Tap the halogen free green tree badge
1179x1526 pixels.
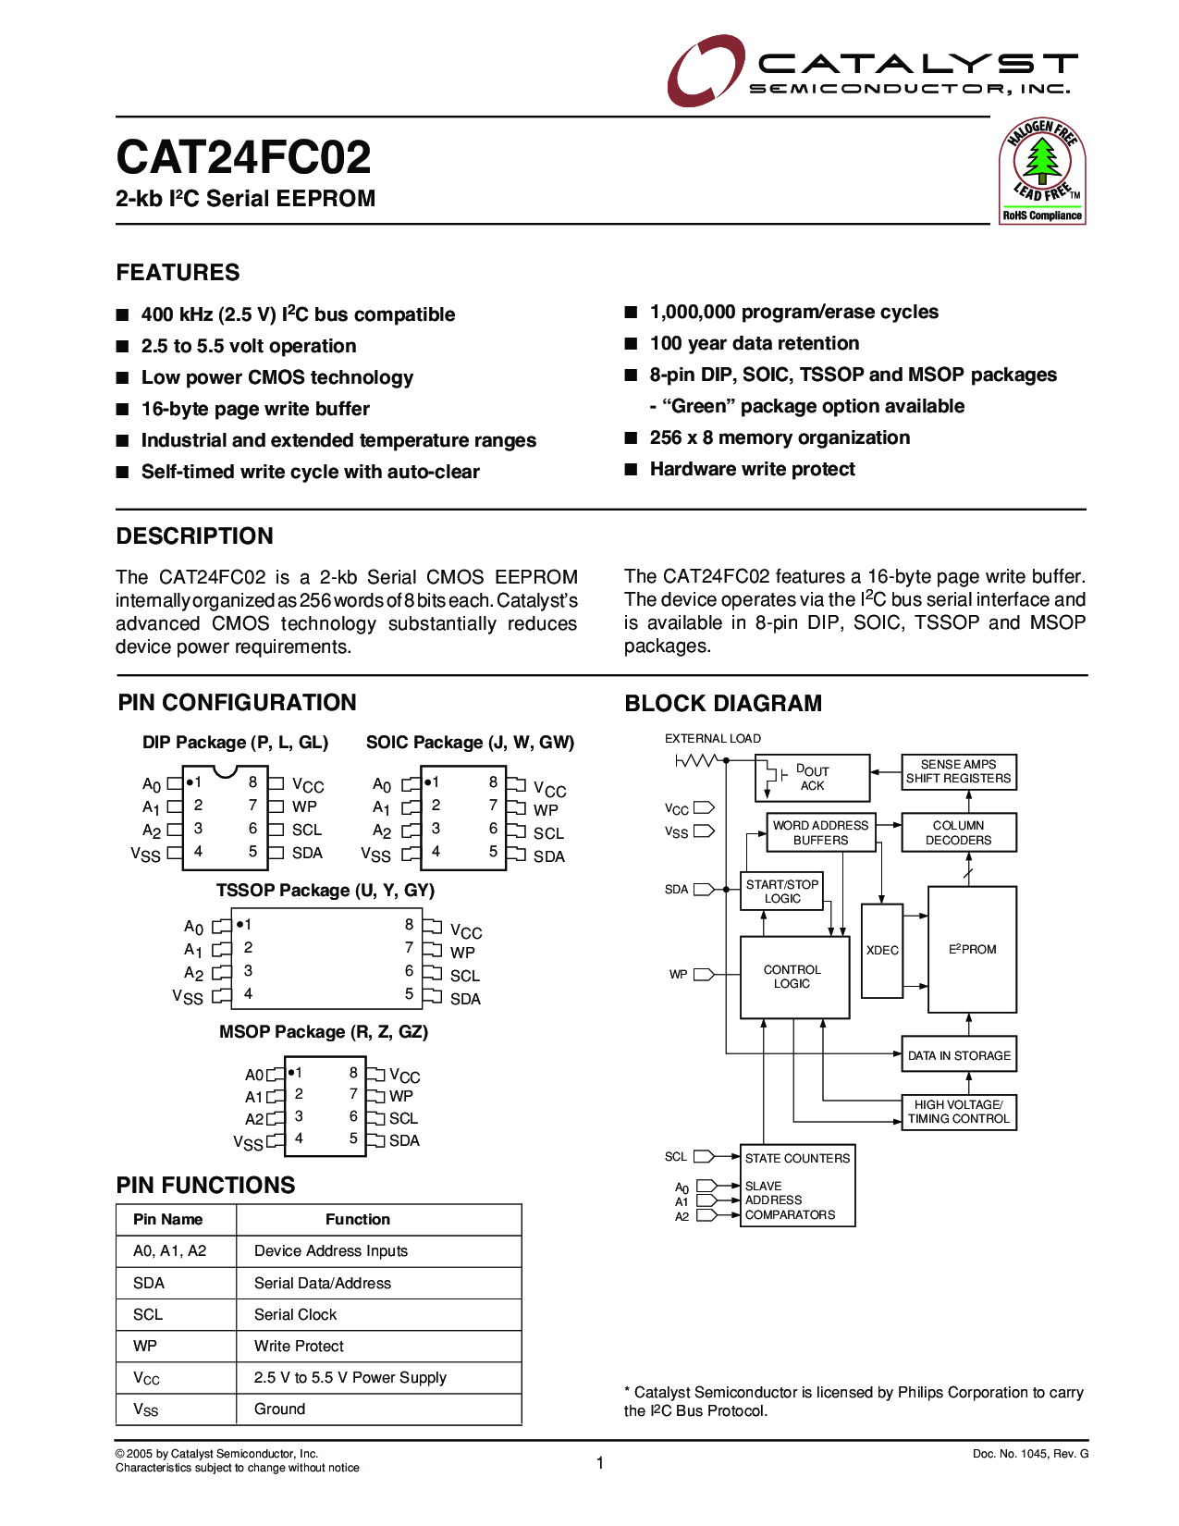pyautogui.click(x=1042, y=170)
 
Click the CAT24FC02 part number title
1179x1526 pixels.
pyautogui.click(x=243, y=157)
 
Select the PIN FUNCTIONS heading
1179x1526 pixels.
pyautogui.click(x=205, y=1185)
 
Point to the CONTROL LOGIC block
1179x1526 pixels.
pyautogui.click(x=793, y=977)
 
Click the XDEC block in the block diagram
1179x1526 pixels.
pyautogui.click(x=882, y=951)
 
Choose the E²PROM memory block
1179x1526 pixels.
pyautogui.click(x=972, y=950)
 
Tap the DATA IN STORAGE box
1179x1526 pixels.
pyautogui.click(x=959, y=1055)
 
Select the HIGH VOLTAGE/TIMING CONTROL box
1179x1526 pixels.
pyautogui.click(x=959, y=1112)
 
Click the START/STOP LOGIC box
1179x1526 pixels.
pyautogui.click(x=782, y=892)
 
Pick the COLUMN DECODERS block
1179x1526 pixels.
pyautogui.click(x=959, y=832)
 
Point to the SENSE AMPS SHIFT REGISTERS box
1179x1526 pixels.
pyautogui.click(x=959, y=771)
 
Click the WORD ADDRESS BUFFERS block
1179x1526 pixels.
pyautogui.click(x=820, y=832)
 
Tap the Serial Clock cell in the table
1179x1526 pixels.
pyautogui.click(x=295, y=1314)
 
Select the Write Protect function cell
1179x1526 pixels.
pyautogui.click(x=299, y=1346)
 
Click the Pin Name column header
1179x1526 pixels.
pyautogui.click(x=167, y=1219)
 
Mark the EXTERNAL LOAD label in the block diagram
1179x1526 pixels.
pyautogui.click(x=713, y=738)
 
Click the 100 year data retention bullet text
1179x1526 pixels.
pyautogui.click(x=755, y=343)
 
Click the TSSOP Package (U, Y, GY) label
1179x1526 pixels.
pyautogui.click(x=325, y=890)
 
